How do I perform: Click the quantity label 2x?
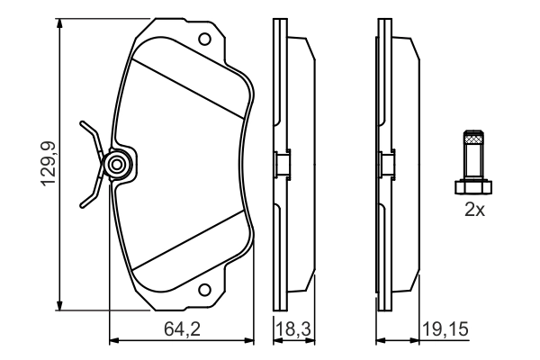[473, 211]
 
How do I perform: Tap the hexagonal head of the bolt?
[473, 187]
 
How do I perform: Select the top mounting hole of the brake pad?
[205, 40]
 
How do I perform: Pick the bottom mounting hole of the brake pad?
[205, 290]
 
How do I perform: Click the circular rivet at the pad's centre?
[115, 164]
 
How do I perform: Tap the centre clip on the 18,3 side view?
[280, 164]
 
